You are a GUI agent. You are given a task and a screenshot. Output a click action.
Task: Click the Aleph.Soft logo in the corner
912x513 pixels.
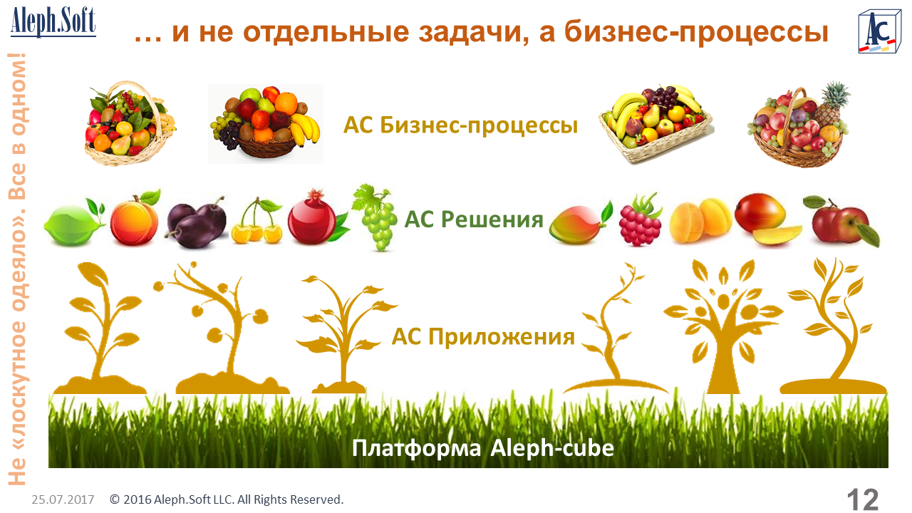pos(53,21)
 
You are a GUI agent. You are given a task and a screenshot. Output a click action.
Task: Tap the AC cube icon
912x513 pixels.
pos(879,32)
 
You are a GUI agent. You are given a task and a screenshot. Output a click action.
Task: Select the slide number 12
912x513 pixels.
pos(863,499)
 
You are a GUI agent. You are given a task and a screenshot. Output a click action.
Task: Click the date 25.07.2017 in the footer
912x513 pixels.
pos(63,499)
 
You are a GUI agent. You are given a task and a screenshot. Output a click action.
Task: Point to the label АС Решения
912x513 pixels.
pos(474,219)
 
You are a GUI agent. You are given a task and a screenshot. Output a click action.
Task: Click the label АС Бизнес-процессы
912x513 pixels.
pos(460,125)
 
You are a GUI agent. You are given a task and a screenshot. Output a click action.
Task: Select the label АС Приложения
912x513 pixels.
pos(483,337)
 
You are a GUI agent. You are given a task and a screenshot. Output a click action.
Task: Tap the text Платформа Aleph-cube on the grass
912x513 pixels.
pos(483,448)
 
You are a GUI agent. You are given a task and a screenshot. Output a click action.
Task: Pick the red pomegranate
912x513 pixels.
pos(315,218)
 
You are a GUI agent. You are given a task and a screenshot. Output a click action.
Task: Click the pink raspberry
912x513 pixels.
pos(641,220)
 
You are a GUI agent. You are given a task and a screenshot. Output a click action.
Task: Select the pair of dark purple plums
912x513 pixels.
pos(197,222)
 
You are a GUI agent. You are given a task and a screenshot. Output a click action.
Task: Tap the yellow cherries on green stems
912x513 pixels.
pos(257,221)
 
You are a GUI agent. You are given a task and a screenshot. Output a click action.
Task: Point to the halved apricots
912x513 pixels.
pos(700,221)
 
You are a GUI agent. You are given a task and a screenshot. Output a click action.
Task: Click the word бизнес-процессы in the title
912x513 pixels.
pos(696,33)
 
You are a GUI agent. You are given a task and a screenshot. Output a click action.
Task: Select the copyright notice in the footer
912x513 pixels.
pos(227,499)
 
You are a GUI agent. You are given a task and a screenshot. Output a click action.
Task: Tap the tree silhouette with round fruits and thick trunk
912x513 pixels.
pos(723,326)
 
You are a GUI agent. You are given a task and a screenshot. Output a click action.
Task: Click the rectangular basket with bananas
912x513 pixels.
pos(656,124)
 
